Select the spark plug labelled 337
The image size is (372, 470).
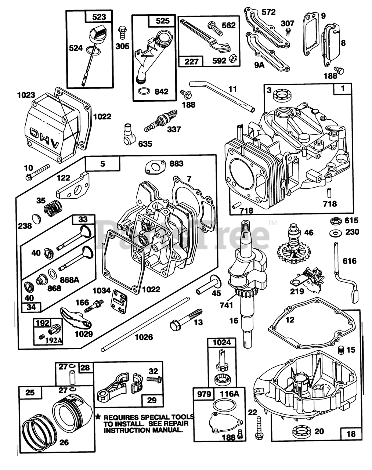pos(158,122)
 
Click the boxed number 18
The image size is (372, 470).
pos(351,434)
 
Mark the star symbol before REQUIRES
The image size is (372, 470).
pos(98,417)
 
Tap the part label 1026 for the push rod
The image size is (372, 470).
pos(144,337)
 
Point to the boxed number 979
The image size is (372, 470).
pos(204,394)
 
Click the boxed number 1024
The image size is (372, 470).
pos(222,343)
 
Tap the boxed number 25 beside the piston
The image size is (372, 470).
pos(30,393)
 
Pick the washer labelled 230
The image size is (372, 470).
pos(334,233)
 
